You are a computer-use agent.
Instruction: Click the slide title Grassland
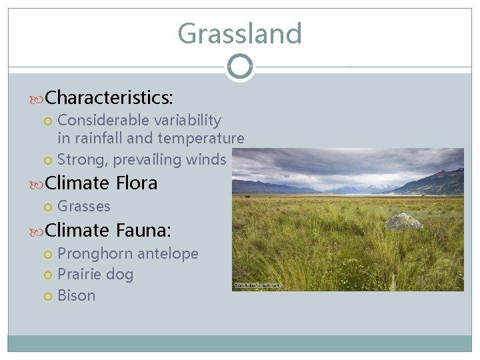pyautogui.click(x=239, y=33)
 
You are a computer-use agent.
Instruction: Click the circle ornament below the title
pyautogui.click(x=239, y=67)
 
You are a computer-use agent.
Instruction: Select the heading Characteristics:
pyautogui.click(x=109, y=98)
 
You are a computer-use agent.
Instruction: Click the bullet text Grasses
pyautogui.click(x=84, y=207)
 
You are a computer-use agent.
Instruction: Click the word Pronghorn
pyautogui.click(x=95, y=254)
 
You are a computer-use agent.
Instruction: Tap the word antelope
pyautogui.click(x=167, y=254)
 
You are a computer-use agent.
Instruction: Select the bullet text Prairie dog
pyautogui.click(x=95, y=275)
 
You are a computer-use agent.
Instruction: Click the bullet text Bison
pyautogui.click(x=77, y=295)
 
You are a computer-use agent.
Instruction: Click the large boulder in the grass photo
pyautogui.click(x=404, y=221)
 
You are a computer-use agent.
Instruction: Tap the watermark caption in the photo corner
pyautogui.click(x=257, y=285)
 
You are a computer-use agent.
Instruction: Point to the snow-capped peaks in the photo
pyautogui.click(x=380, y=187)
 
